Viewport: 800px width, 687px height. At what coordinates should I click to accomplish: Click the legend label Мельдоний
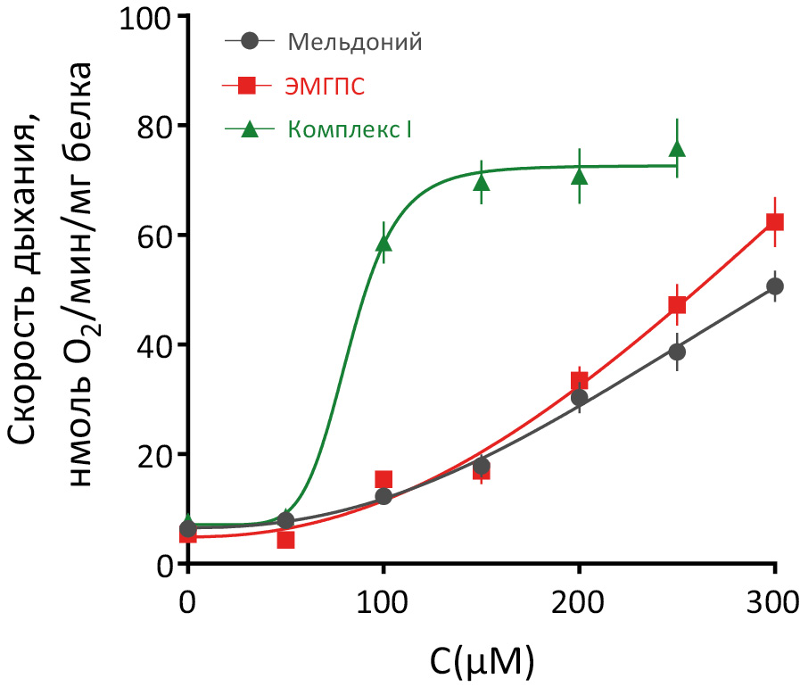coord(355,41)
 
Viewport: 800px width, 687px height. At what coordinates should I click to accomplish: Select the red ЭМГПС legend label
coord(326,86)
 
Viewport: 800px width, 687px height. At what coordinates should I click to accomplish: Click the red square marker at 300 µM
coord(775,222)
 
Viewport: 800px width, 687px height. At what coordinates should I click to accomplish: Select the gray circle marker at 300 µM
coord(775,286)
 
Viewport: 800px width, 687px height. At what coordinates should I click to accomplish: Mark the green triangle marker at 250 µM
coord(677,149)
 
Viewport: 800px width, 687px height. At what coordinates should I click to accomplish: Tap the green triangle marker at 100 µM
coord(384,244)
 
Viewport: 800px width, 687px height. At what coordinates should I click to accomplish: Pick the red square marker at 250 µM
coord(677,306)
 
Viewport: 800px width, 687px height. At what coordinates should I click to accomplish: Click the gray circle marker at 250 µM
coord(677,352)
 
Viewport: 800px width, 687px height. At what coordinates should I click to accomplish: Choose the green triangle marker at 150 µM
coord(482,183)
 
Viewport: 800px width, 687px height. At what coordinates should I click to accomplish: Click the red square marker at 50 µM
coord(285,540)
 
